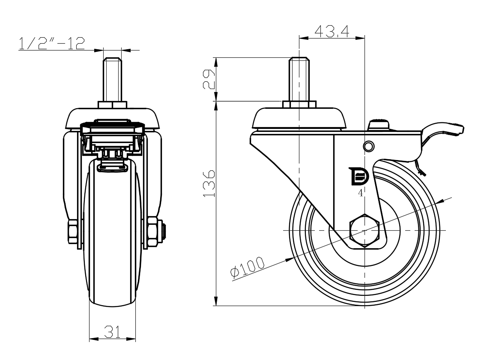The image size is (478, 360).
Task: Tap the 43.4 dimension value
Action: tap(331, 31)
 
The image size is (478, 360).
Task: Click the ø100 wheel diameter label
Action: tap(247, 267)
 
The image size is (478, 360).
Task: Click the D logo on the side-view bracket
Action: tap(359, 176)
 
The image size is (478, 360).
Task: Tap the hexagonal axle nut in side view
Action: tap(364, 230)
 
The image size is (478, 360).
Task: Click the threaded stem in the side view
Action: tap(299, 79)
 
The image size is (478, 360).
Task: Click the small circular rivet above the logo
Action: tap(367, 146)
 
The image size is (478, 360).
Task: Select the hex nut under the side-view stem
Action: tap(299, 104)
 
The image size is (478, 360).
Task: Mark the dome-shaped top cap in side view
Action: tap(299, 119)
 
